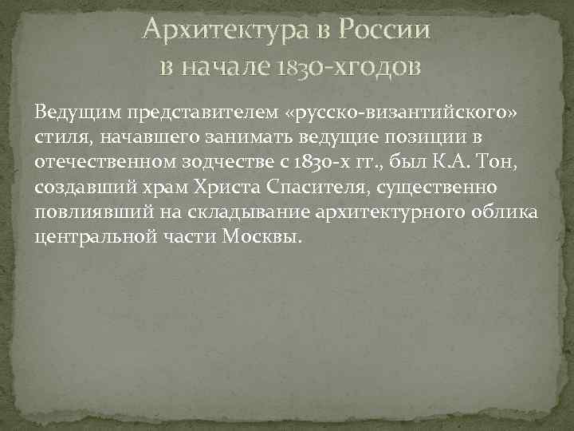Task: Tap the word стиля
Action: click(x=65, y=137)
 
